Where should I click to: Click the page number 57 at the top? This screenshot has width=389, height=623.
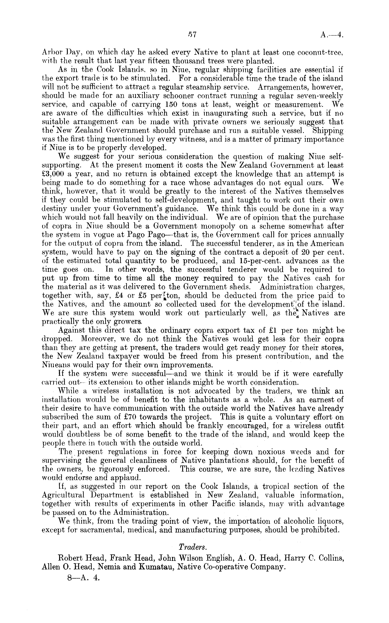pyautogui.click(x=192, y=35)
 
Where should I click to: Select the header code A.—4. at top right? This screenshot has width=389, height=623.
pyautogui.click(x=332, y=35)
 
